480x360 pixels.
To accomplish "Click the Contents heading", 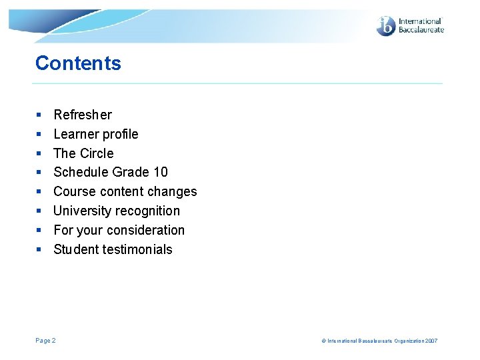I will pyautogui.click(x=78, y=63).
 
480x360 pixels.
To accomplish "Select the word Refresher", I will pyautogui.click(x=83, y=115).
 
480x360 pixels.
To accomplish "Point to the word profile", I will pyautogui.click(x=120, y=134).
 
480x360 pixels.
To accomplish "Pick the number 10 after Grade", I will pyautogui.click(x=160, y=173).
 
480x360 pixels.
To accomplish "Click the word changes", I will pyautogui.click(x=173, y=192).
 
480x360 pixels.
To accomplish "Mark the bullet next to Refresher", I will pyautogui.click(x=39, y=115).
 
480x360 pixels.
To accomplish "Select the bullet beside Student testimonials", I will pyautogui.click(x=39, y=250).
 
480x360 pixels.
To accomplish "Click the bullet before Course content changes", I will pyautogui.click(x=39, y=192).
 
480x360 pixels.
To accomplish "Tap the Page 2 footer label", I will pyautogui.click(x=45, y=341).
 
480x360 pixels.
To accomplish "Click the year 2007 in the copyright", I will pyautogui.click(x=431, y=341).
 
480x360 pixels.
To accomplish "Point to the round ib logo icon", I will pyautogui.click(x=386, y=26).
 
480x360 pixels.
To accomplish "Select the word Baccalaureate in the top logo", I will pyautogui.click(x=421, y=30).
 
